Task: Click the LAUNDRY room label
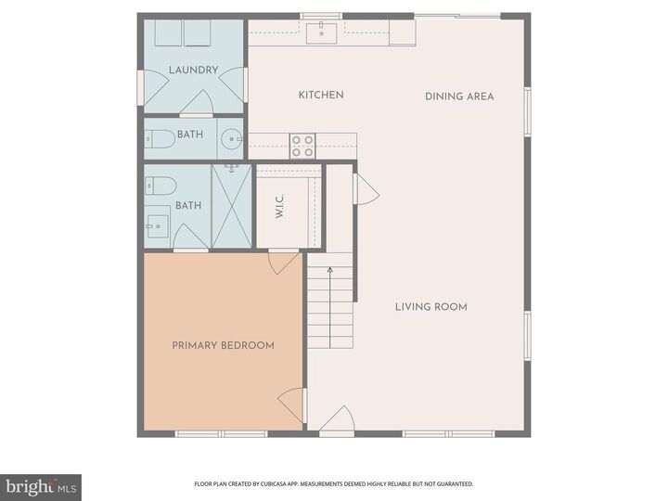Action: (193, 70)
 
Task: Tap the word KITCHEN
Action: (321, 95)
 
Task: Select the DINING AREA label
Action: (459, 96)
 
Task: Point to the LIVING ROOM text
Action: (430, 307)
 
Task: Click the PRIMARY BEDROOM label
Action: (223, 345)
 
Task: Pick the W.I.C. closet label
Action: (278, 206)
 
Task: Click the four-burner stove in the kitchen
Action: (302, 146)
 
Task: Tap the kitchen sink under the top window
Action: (325, 33)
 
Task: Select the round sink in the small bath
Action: (231, 140)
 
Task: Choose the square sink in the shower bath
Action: (155, 224)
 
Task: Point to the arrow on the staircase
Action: (330, 272)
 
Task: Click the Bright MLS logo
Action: (41, 486)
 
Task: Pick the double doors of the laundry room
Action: (193, 102)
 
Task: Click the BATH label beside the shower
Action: (188, 206)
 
